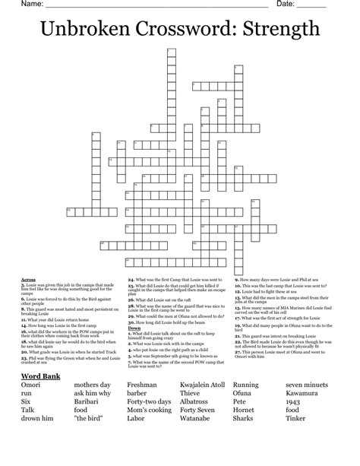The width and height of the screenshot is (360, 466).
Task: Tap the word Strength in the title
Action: (x=279, y=29)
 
